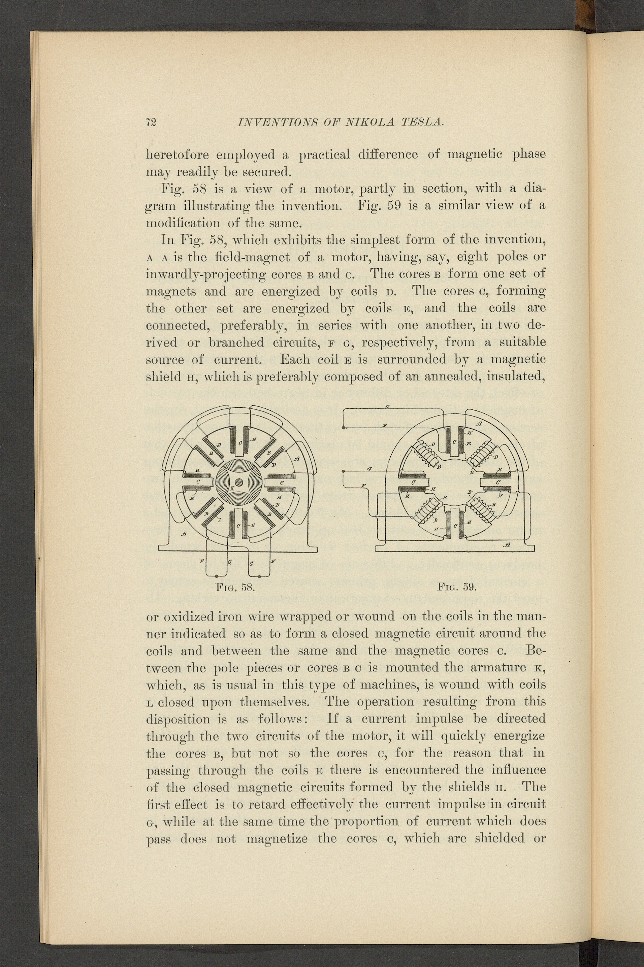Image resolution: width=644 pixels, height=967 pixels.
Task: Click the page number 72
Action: point(151,122)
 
